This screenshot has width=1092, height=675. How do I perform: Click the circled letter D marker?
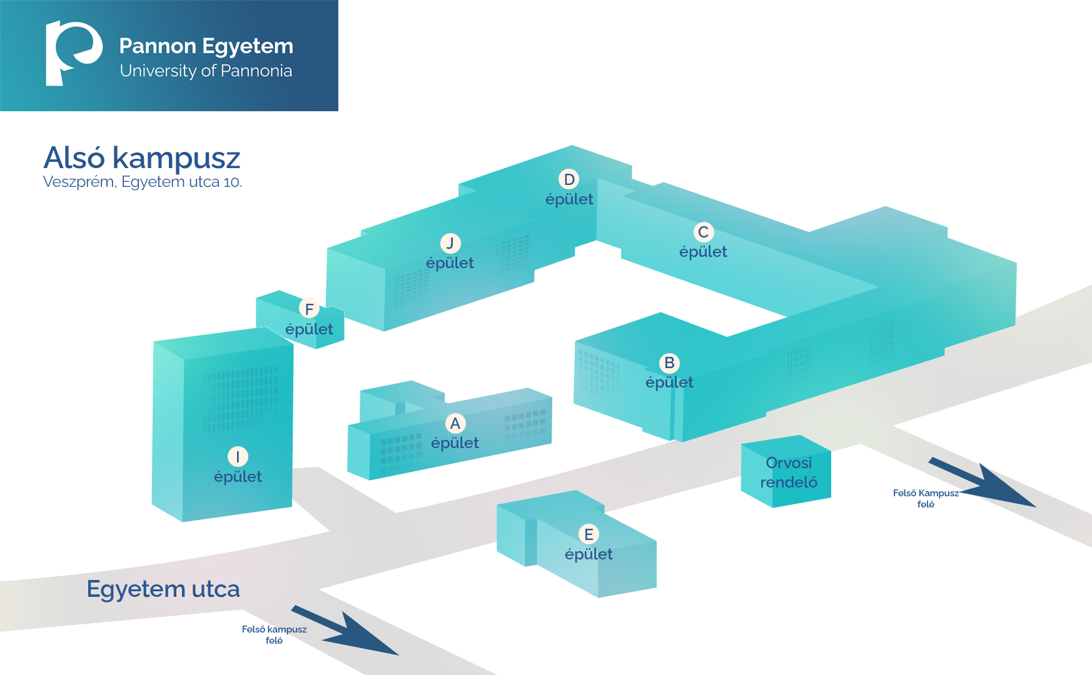pos(569,179)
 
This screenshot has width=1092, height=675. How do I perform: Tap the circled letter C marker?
pos(704,232)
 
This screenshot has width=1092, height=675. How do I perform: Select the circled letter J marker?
pos(450,243)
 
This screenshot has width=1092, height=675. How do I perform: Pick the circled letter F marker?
pos(309,309)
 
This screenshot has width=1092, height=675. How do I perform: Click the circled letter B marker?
pos(669,362)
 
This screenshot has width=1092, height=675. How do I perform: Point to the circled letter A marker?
pos(455,423)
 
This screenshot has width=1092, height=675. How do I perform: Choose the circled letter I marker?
pos(238,457)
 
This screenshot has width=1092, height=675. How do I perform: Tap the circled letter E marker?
pos(589,534)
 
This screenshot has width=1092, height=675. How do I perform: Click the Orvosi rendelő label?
pos(789,472)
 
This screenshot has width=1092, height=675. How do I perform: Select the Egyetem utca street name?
pos(163,589)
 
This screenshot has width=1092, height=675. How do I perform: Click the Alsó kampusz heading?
pos(142,158)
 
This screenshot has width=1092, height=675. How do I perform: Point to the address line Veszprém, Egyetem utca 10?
pos(143,182)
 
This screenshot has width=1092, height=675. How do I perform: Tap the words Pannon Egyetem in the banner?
pos(206,46)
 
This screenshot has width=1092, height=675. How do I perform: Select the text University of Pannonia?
pos(206,71)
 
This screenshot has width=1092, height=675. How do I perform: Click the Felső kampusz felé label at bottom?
pos(274,634)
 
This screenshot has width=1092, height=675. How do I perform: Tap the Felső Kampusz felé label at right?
pos(926,498)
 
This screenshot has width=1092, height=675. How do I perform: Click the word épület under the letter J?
pos(450,263)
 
